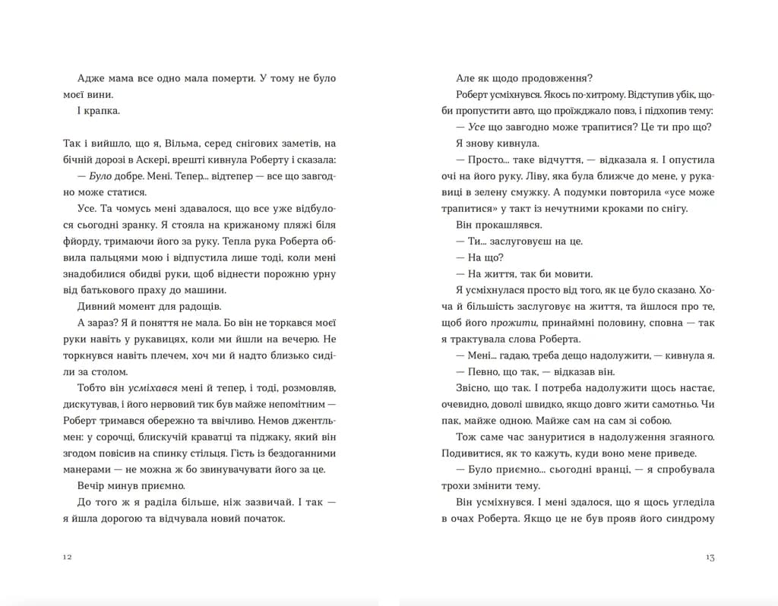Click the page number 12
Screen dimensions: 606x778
click(x=67, y=557)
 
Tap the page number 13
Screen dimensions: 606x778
click(x=710, y=557)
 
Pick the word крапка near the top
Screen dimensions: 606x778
click(x=103, y=111)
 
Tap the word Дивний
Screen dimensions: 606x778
click(x=98, y=306)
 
